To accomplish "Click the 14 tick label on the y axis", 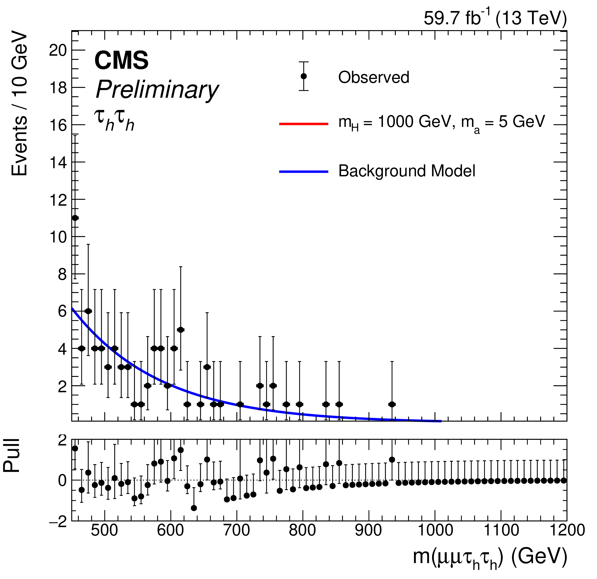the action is [58, 162].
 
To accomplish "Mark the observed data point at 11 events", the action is [75, 218].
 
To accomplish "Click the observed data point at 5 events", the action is [181, 330].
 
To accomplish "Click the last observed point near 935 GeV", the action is [392, 404].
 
